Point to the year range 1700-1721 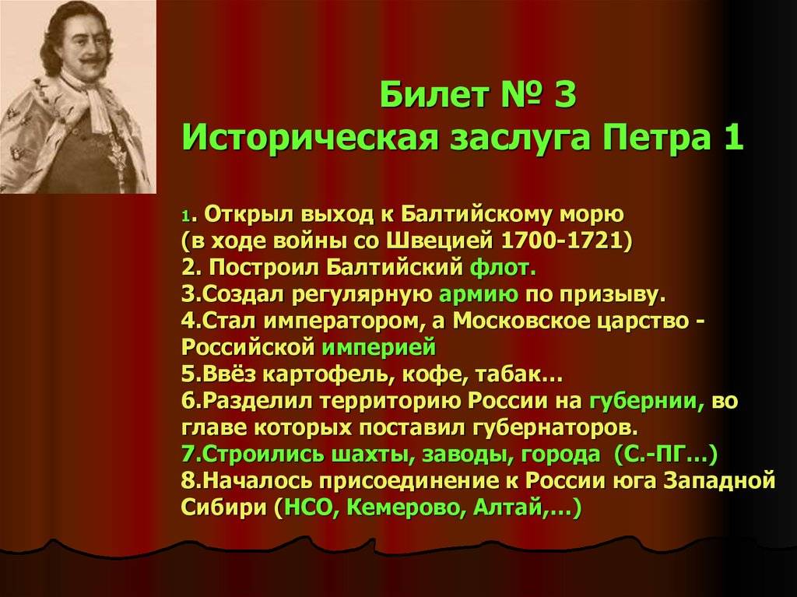click(562, 241)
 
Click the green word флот click(503, 268)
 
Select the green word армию click(479, 294)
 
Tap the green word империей click(379, 348)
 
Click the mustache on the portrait click(93, 62)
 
